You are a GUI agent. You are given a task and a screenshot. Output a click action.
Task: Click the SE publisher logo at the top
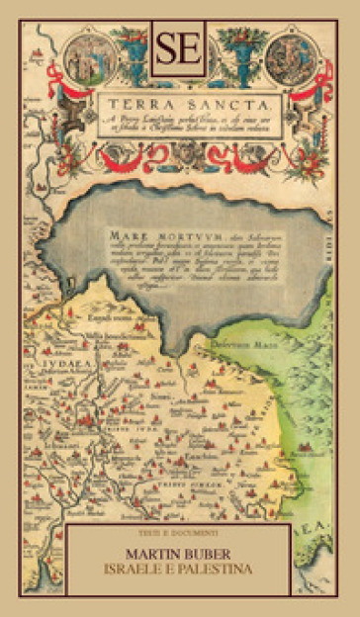click(x=180, y=48)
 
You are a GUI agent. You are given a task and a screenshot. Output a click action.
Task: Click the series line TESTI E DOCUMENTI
click(x=180, y=534)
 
